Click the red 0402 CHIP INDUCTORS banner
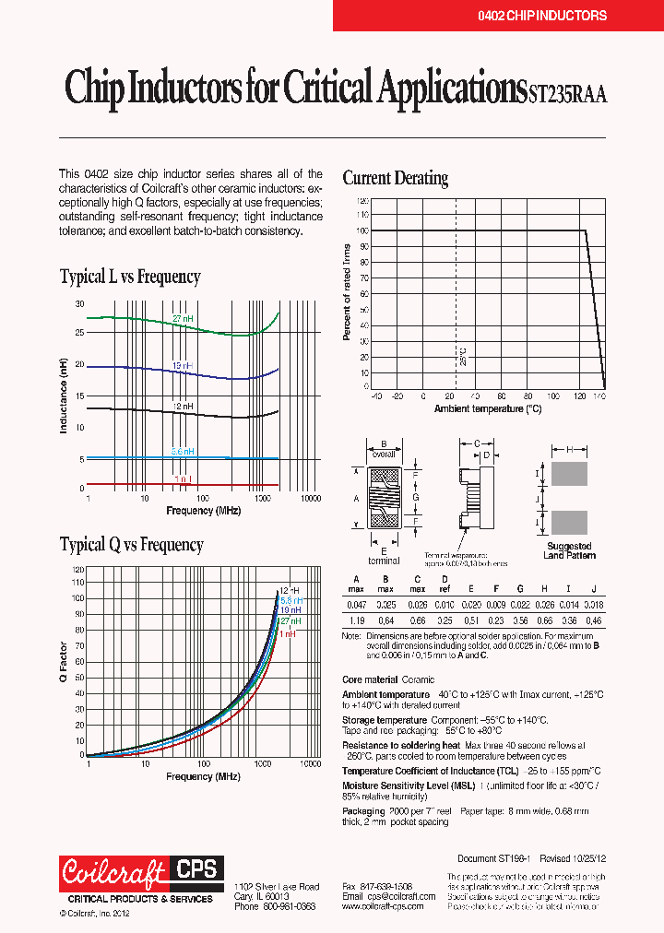(497, 16)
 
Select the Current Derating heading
(396, 178)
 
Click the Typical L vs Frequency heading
(130, 277)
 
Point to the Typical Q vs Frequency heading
(131, 545)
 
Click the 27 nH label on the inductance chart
(184, 318)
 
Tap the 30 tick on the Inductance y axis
(79, 304)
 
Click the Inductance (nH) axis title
(65, 396)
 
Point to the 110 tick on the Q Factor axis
(77, 582)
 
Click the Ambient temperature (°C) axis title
(488, 408)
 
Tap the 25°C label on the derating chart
(463, 356)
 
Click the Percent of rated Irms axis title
(348, 292)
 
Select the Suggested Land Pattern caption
(570, 550)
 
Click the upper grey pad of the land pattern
(569, 474)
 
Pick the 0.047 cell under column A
(356, 604)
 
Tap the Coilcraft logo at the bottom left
(113, 871)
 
